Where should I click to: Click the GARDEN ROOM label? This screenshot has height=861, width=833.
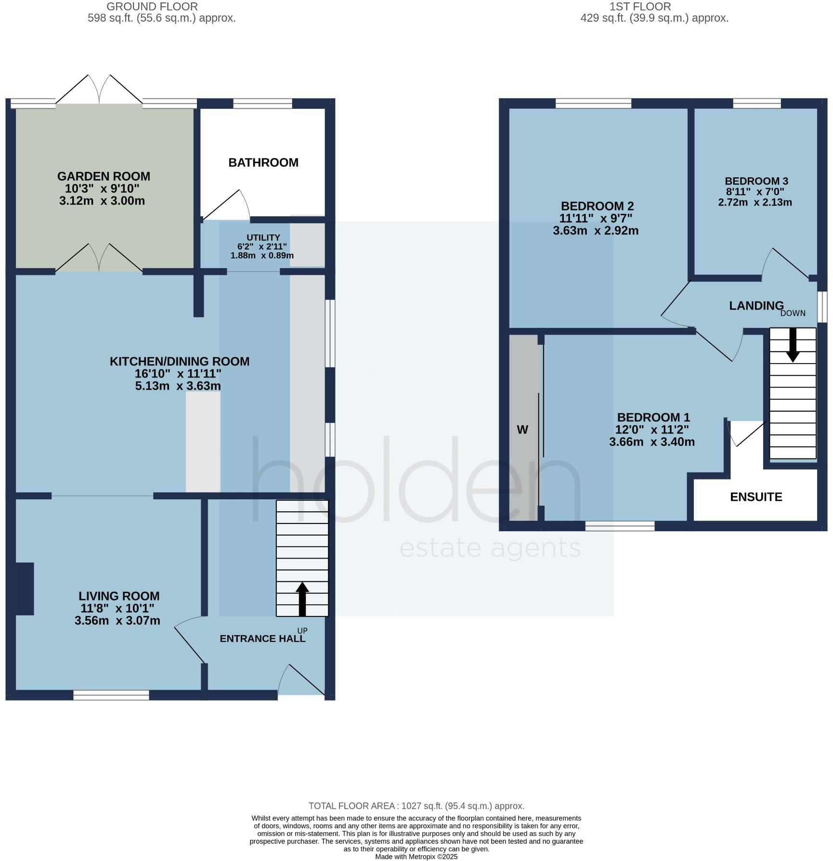pos(104,176)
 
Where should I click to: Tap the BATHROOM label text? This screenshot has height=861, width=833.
pos(263,163)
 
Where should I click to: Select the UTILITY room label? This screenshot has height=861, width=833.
pos(263,237)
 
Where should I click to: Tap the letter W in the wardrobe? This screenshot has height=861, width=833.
pos(522,430)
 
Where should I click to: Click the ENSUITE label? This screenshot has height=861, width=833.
pos(756,497)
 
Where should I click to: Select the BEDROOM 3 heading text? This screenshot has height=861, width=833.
pos(756,181)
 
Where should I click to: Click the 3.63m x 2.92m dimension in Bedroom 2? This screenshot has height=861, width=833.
pos(596,231)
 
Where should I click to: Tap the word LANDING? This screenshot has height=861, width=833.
pos(756,305)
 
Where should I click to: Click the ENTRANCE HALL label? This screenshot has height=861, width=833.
pos(262,639)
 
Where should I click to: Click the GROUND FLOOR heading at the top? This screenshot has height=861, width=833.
pos(152,7)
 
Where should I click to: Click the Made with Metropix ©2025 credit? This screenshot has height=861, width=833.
pos(416,857)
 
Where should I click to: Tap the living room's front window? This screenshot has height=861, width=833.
pos(111,694)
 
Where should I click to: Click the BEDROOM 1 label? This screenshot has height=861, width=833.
pos(653,417)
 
